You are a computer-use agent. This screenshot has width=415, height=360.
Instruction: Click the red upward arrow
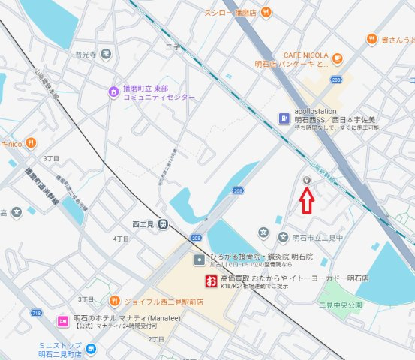(306, 201)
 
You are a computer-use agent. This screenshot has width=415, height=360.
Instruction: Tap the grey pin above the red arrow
(306, 181)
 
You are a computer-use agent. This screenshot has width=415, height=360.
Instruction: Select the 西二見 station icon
(163, 223)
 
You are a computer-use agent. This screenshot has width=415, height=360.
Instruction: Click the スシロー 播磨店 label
(231, 13)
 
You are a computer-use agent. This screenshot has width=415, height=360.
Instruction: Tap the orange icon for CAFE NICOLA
(338, 58)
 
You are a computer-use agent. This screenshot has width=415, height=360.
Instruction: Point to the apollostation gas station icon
(284, 118)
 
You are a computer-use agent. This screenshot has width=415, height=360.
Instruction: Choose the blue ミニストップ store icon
(91, 348)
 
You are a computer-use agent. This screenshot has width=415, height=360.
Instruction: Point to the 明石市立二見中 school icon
(284, 238)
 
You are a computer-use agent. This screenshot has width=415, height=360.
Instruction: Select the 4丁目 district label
(120, 238)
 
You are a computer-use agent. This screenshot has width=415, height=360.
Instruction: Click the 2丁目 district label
(155, 339)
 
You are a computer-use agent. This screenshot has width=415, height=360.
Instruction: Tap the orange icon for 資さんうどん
(371, 39)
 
